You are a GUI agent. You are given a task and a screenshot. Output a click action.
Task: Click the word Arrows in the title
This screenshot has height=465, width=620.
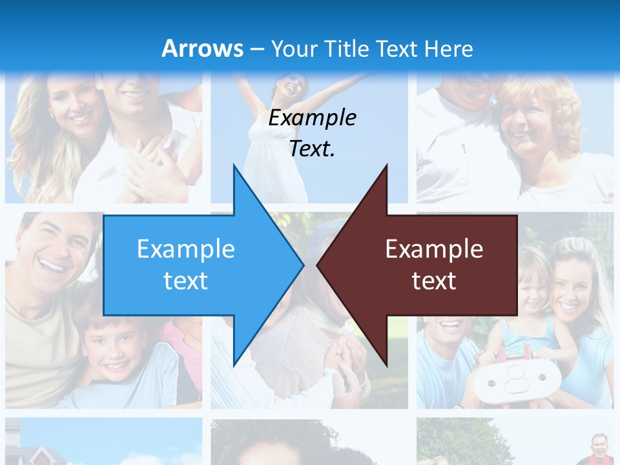203,48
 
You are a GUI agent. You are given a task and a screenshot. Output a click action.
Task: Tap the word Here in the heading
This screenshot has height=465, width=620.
448,48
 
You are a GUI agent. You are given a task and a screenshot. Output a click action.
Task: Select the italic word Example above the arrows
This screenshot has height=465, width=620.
312,118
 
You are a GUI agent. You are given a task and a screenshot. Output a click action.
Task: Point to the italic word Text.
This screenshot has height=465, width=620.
312,149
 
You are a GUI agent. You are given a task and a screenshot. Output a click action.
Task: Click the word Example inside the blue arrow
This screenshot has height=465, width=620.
186,249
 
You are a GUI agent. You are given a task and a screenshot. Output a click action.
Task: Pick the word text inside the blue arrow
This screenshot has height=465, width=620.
186,280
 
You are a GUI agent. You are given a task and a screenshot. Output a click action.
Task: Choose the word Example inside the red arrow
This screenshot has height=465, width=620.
434,249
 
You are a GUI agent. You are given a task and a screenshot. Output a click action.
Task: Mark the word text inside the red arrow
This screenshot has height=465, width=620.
434,280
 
